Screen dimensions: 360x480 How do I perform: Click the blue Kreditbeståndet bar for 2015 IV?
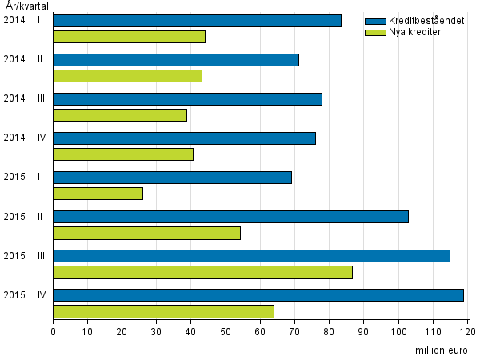pyautogui.click(x=258, y=295)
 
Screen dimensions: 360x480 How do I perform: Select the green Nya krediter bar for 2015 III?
pyautogui.click(x=202, y=272)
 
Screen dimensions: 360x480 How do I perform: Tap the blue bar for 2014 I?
pyautogui.click(x=197, y=21)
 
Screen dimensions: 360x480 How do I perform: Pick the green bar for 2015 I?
pyautogui.click(x=98, y=194)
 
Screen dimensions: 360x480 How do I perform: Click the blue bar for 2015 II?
pyautogui.click(x=230, y=217)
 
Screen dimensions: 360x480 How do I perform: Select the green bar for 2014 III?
pyautogui.click(x=120, y=115)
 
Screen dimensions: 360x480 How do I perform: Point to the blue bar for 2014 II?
pyautogui.click(x=176, y=60)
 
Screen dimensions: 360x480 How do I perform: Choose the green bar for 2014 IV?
pyautogui.click(x=123, y=154)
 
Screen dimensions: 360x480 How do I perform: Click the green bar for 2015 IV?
pyautogui.click(x=163, y=311)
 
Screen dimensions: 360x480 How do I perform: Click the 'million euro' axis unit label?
pyautogui.click(x=442, y=350)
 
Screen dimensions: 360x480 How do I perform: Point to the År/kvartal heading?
pyautogui.click(x=26, y=6)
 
